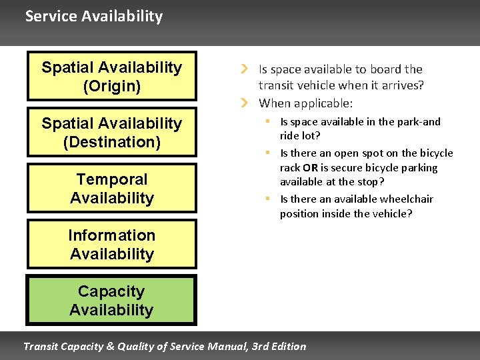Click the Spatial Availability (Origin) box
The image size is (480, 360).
point(111,76)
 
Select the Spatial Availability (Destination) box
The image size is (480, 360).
point(111,132)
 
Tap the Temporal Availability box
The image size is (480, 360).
point(111,188)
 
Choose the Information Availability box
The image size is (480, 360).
point(111,244)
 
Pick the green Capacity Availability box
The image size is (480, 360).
point(111,300)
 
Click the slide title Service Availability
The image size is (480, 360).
point(93,16)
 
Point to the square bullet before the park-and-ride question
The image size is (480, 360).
point(266,121)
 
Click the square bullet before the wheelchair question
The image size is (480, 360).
point(266,199)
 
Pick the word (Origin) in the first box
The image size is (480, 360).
point(111,86)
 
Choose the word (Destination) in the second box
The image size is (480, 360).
point(111,142)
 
